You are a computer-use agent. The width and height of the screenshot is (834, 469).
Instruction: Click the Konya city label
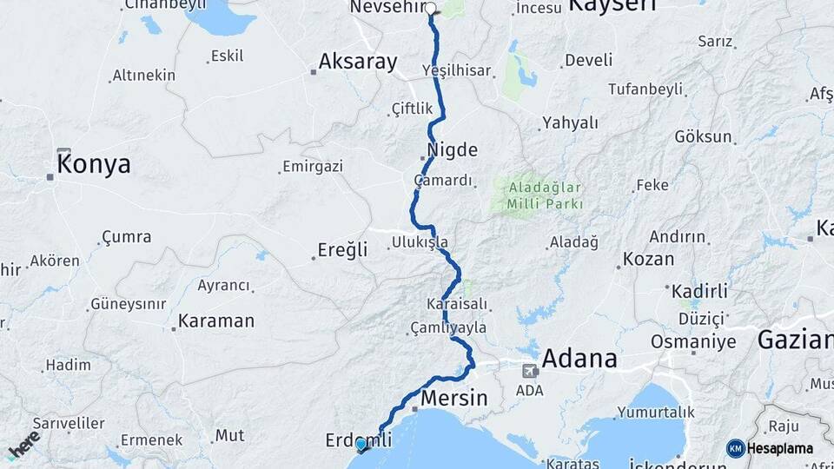[93, 164]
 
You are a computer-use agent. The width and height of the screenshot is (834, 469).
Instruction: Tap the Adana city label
[579, 358]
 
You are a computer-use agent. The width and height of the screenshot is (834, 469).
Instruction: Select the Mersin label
[453, 399]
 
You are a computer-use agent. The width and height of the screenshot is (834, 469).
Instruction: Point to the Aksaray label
[357, 62]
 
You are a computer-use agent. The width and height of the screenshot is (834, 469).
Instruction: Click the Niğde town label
[452, 150]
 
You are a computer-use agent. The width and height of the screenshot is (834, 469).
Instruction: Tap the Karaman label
[215, 321]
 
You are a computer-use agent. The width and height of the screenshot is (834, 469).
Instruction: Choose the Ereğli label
[344, 250]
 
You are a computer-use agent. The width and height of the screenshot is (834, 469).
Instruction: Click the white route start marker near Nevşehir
[430, 9]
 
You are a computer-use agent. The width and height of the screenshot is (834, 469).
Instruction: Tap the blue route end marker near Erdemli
[361, 445]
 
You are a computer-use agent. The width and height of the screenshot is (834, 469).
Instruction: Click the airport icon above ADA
[529, 371]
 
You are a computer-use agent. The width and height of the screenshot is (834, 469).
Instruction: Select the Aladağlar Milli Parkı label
[539, 195]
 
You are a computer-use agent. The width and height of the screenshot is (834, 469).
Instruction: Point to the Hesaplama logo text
[782, 448]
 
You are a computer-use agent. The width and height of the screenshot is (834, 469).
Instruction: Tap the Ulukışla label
[420, 242]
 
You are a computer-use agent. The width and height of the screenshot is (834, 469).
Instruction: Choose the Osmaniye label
[693, 341]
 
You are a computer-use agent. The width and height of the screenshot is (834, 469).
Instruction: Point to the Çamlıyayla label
[448, 328]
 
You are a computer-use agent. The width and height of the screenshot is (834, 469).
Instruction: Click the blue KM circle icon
[735, 448]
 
